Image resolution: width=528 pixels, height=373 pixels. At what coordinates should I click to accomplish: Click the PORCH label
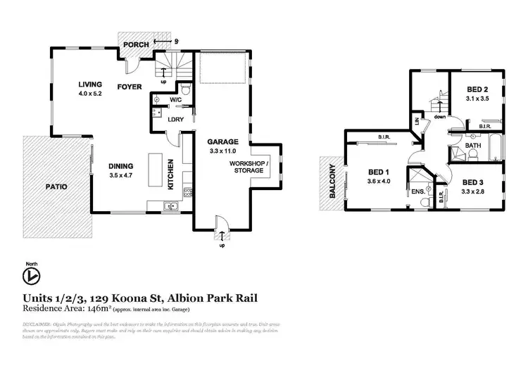pos(135,45)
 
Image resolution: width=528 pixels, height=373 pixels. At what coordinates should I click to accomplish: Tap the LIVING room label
pos(91,84)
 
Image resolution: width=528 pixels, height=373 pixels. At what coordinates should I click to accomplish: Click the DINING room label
pos(121,166)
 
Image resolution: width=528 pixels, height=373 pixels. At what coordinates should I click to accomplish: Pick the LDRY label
pos(175,119)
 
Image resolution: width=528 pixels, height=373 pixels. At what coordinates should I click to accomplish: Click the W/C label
pos(175,100)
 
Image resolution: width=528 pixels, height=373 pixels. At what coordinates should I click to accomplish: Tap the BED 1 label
pos(379,171)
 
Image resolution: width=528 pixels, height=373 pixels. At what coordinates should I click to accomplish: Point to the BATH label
pos(474,146)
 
